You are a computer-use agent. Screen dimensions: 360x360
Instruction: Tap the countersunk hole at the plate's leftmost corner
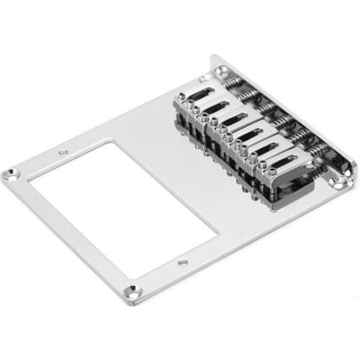pos(12,173)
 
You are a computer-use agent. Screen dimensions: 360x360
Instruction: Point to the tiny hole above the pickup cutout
pos(63,152)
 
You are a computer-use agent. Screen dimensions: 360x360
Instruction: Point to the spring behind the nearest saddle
pos(318,152)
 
